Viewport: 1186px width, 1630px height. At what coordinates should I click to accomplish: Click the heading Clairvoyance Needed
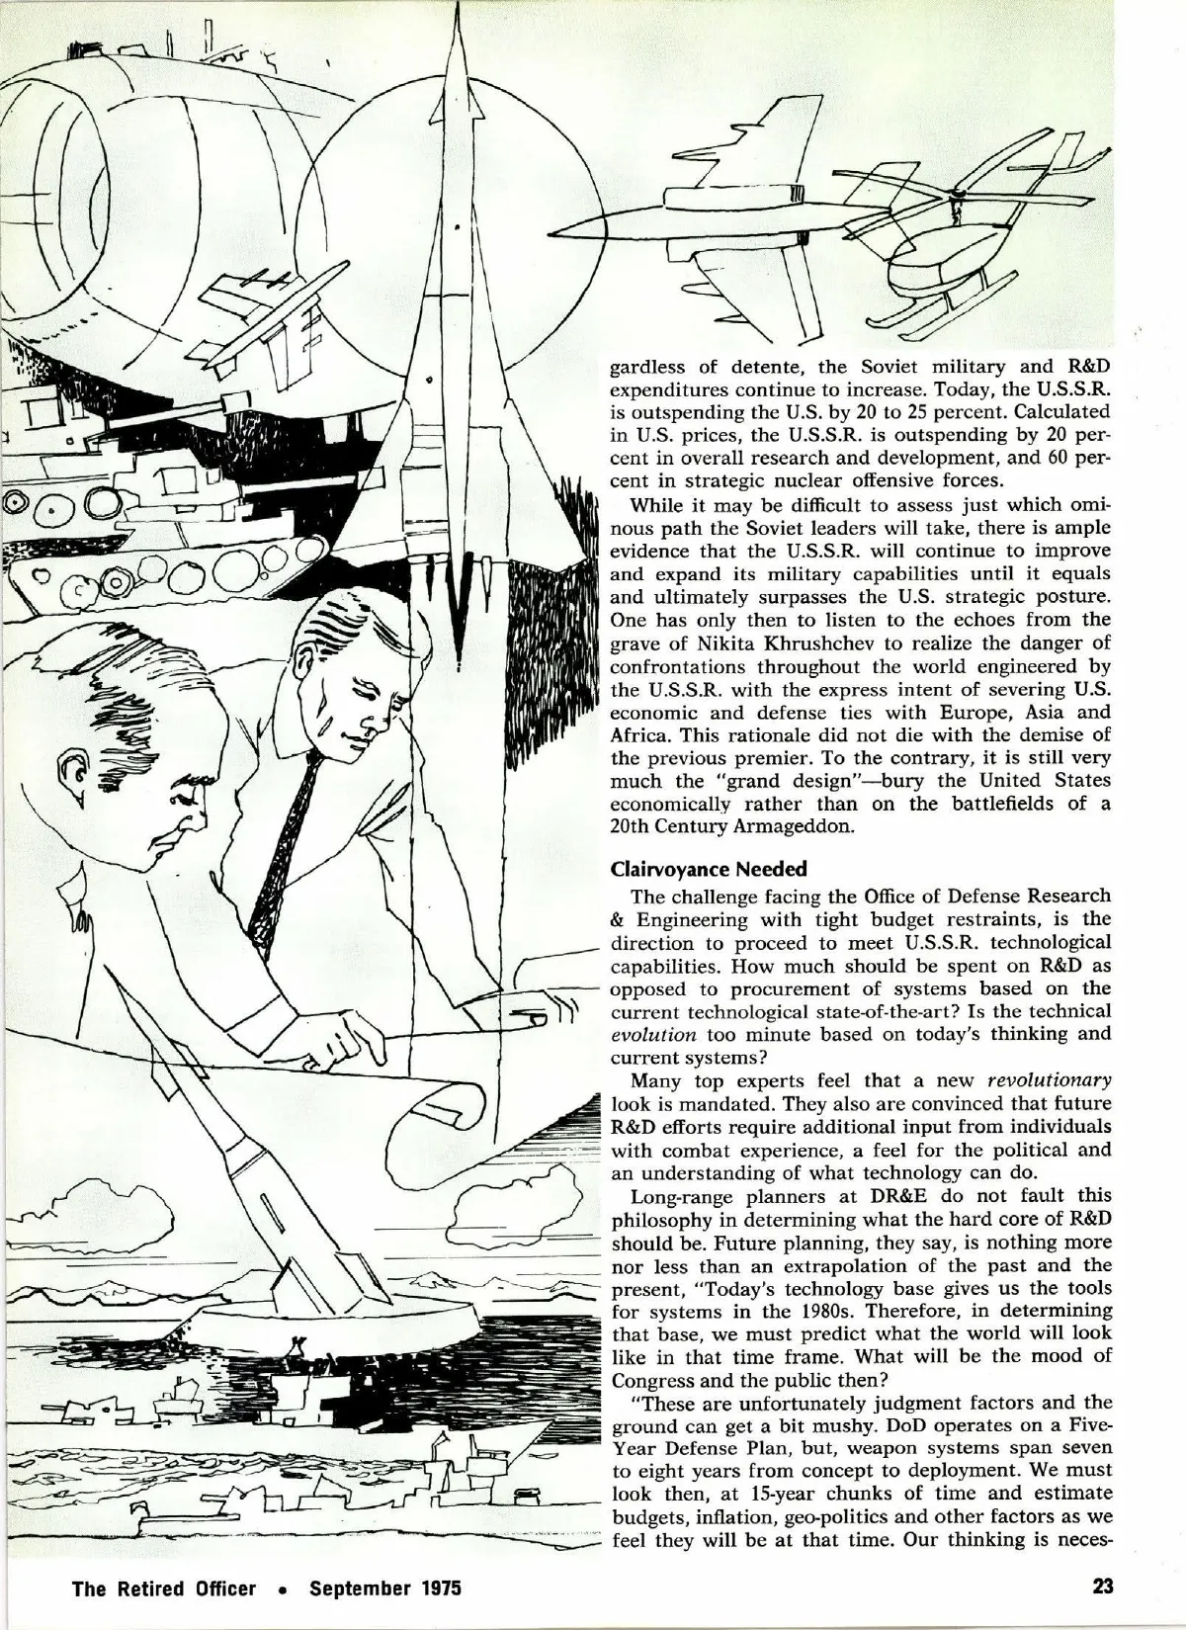(709, 870)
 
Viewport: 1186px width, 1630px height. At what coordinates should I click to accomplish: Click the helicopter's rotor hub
(955, 194)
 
